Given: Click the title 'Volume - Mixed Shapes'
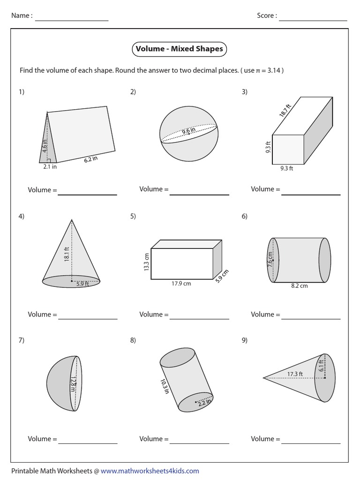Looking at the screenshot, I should click(x=179, y=48).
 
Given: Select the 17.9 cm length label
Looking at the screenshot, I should click(x=181, y=284).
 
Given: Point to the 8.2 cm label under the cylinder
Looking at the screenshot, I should click(x=299, y=286).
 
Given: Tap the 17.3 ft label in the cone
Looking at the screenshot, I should click(x=295, y=374).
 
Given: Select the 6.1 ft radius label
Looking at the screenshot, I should click(x=322, y=363).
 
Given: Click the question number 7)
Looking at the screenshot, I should click(x=22, y=341).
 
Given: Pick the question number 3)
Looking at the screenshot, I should click(x=245, y=92).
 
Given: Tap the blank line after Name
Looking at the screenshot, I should click(x=72, y=19).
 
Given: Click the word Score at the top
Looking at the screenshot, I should click(x=265, y=15).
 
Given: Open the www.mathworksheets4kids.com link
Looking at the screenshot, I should click(x=150, y=471).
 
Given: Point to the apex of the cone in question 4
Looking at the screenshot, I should click(x=71, y=219).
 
